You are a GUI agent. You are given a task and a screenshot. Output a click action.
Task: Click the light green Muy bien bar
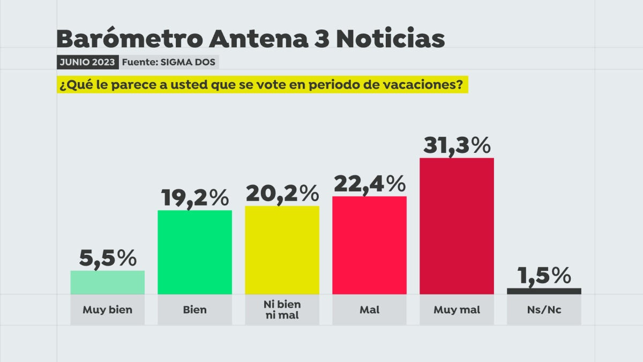107,282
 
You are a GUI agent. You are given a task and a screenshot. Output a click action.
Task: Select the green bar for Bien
195,252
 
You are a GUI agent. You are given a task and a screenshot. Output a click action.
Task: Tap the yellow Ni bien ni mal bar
282,250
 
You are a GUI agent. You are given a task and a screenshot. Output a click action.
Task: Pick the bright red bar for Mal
369,245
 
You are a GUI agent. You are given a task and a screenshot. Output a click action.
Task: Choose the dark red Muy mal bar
457,226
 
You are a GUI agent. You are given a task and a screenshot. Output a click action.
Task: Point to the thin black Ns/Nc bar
544,291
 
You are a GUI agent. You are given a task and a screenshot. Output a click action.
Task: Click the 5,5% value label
108,258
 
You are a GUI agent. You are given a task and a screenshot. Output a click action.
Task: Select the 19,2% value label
195,198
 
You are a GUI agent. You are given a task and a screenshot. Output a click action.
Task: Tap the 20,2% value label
282,194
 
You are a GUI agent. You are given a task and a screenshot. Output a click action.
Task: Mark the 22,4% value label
369,184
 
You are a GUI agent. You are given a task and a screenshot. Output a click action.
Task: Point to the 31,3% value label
457,145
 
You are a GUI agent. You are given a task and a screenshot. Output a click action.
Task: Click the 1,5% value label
544,276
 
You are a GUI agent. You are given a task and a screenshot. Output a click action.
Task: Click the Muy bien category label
107,310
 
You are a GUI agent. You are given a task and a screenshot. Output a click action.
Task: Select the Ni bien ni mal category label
282,310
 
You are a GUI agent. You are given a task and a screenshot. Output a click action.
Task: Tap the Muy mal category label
457,310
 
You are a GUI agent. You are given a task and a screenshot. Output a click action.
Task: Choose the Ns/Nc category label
544,310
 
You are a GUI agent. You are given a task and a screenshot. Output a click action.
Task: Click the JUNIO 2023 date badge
87,62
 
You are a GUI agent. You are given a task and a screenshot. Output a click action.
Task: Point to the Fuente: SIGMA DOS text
168,62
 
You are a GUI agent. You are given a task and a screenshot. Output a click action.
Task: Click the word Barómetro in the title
129,39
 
